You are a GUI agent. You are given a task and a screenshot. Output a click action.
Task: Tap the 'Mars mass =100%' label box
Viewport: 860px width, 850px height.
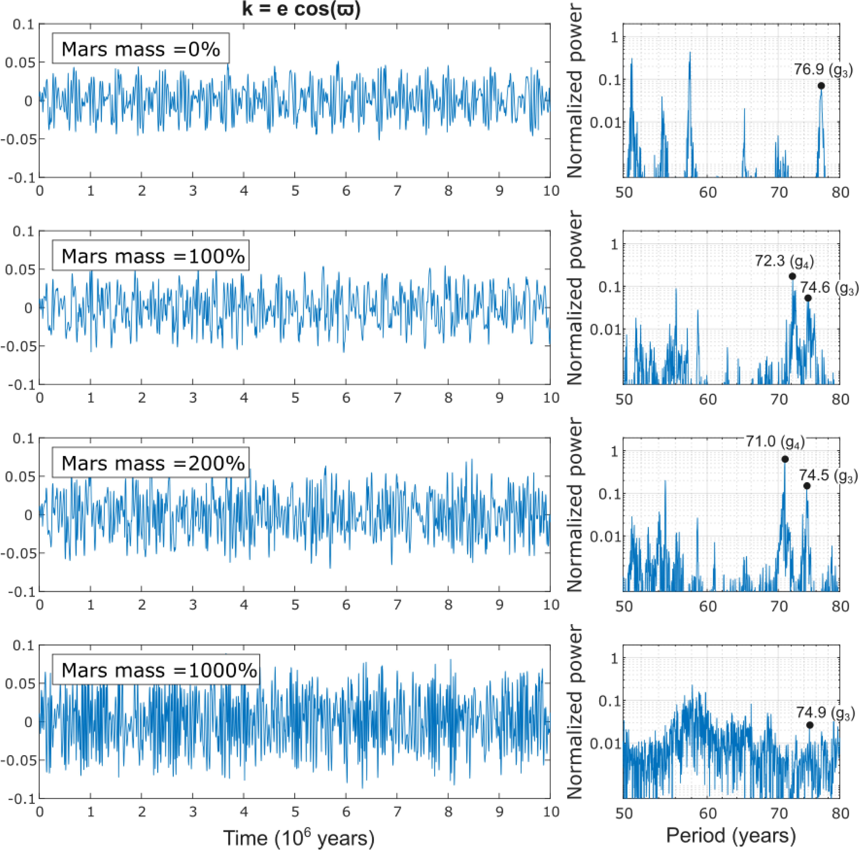point(150,256)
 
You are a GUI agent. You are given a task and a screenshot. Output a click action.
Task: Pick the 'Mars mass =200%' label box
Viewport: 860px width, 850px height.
point(150,463)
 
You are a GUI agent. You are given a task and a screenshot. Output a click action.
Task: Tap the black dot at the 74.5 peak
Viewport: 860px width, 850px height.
point(807,486)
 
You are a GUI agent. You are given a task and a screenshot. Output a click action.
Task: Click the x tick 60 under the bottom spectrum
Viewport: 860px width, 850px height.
point(708,813)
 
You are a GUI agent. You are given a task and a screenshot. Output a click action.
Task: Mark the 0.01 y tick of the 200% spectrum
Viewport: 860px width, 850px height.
point(605,537)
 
